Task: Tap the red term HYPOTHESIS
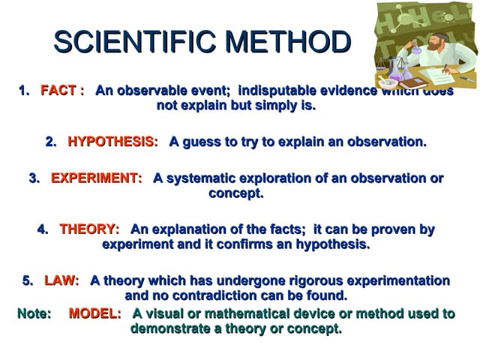click(112, 142)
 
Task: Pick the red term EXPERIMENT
click(95, 178)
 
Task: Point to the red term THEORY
click(89, 229)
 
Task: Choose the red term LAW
click(61, 280)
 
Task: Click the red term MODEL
click(94, 313)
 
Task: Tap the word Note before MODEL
click(34, 313)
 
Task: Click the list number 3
click(33, 178)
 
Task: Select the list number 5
click(27, 280)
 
